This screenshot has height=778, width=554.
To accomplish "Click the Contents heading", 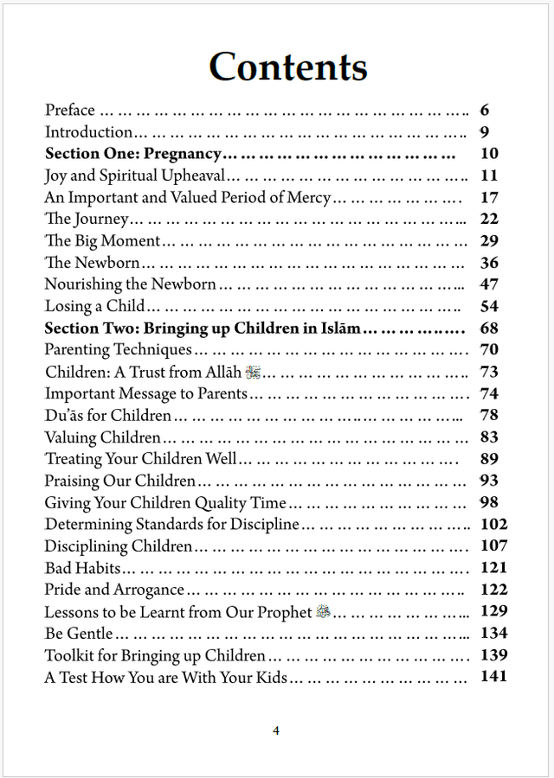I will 288,67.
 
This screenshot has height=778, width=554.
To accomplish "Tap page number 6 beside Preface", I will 484,110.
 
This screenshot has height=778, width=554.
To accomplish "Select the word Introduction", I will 88,132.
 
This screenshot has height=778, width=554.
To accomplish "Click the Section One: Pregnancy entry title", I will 133,154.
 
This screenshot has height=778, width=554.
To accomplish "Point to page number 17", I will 489,197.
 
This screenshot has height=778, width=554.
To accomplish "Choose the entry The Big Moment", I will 102,241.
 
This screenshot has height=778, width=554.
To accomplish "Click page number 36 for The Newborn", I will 489,263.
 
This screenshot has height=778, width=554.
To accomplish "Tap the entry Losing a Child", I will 94,306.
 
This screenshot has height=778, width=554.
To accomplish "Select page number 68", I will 489,328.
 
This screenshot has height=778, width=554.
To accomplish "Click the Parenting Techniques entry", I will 118,350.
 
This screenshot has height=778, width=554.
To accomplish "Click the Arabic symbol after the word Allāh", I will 253,372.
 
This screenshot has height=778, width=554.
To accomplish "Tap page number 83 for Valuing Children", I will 489,437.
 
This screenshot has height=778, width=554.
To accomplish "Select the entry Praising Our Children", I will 120,481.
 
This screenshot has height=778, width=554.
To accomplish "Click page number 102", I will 493,524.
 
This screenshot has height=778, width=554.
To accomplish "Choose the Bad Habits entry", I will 83,568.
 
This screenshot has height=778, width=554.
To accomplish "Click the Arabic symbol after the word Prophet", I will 324,612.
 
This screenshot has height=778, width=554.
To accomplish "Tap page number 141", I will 493,676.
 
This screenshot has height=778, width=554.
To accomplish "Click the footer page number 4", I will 276,730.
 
